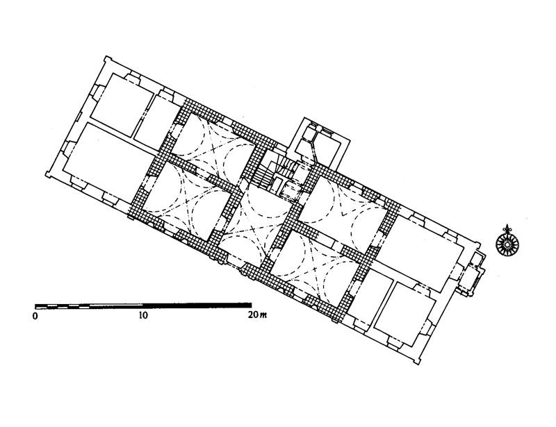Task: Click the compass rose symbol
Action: [507, 243]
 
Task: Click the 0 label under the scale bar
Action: [35, 316]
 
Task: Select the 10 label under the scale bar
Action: [143, 315]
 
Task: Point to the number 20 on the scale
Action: [254, 315]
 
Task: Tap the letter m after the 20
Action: [263, 315]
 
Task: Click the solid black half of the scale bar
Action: [197, 305]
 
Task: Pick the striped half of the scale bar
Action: [89, 306]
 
